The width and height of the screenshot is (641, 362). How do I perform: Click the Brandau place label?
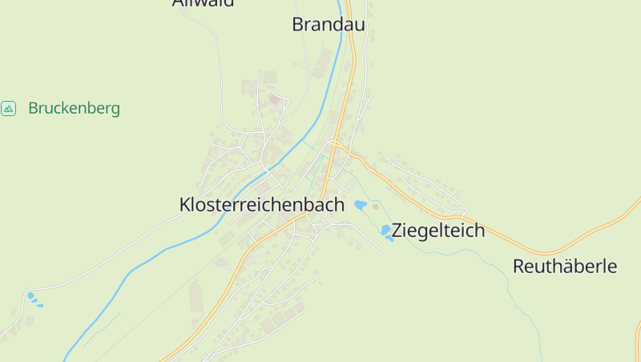click(329, 25)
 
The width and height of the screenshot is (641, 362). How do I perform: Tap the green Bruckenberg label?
click(74, 108)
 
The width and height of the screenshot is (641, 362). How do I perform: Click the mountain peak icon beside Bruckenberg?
click(9, 108)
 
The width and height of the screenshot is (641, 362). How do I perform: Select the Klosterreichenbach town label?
click(262, 205)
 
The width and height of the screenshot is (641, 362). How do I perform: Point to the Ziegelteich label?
click(438, 231)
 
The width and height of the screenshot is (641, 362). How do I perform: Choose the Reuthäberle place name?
click(565, 267)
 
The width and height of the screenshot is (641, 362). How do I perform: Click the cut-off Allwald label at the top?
click(204, 3)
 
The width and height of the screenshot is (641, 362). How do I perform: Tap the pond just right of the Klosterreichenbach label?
click(361, 206)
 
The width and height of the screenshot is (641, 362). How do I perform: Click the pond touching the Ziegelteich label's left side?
click(386, 231)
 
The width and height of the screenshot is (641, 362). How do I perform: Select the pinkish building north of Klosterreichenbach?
click(276, 100)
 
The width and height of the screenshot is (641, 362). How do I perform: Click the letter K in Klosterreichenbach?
click(185, 205)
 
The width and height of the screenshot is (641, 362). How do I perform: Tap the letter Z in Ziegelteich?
click(397, 231)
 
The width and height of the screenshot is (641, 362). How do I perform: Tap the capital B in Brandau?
click(298, 25)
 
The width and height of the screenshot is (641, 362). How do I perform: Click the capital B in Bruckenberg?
click(33, 108)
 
